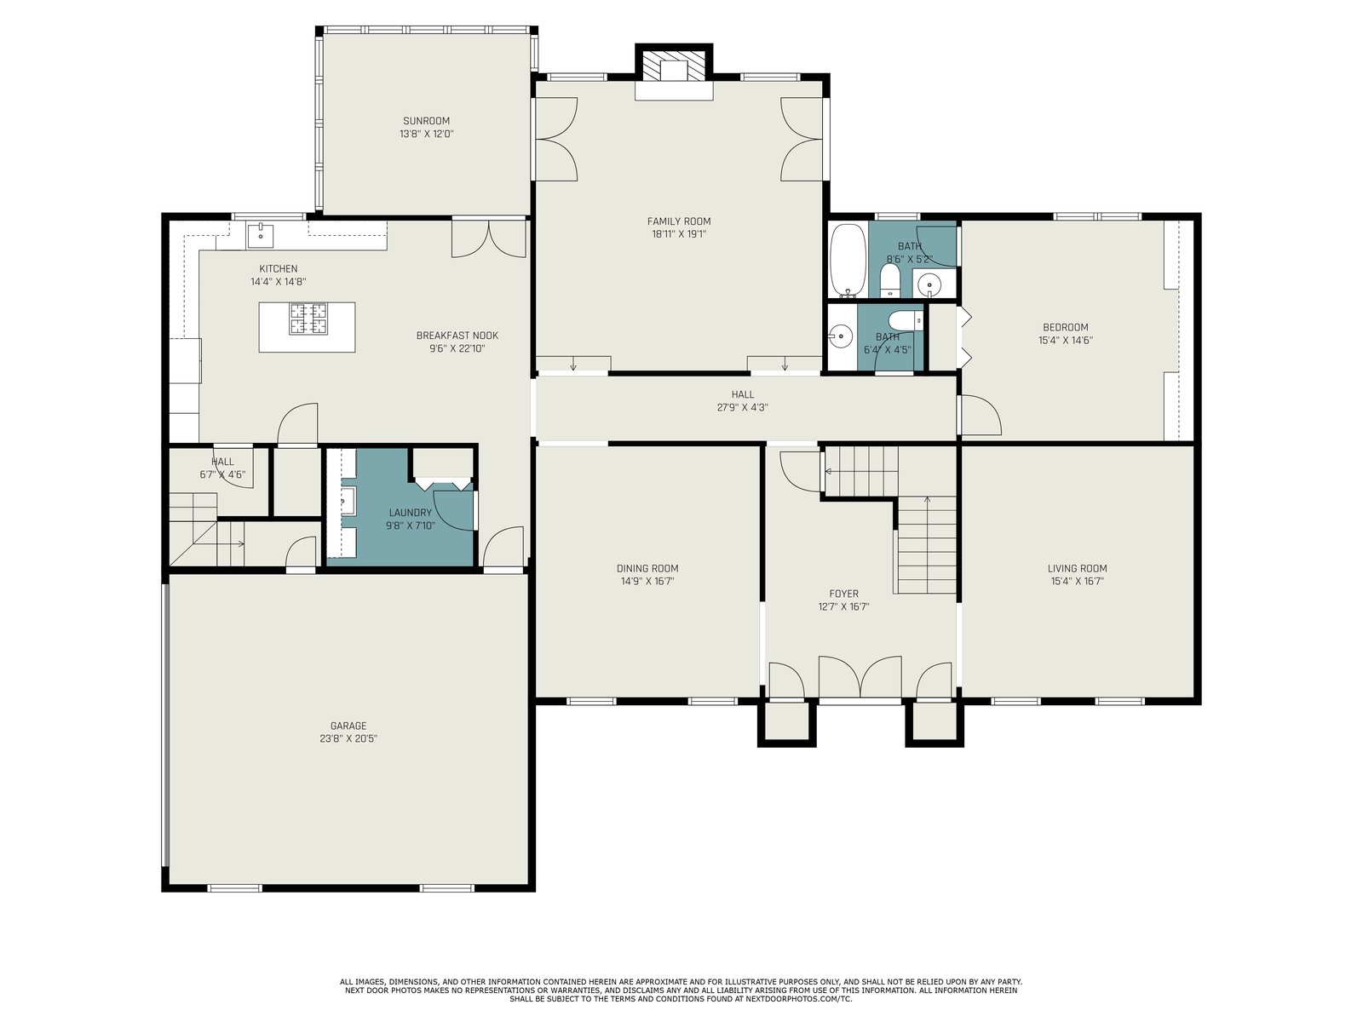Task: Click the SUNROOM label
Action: (426, 121)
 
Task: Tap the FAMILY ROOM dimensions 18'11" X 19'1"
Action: (679, 234)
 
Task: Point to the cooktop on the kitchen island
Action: (308, 319)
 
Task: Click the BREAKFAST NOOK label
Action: (457, 336)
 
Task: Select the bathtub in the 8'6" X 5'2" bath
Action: (848, 261)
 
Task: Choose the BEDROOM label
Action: (1066, 328)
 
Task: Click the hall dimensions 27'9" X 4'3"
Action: (743, 408)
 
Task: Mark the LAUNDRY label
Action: (410, 513)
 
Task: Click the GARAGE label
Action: (348, 726)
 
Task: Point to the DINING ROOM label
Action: (647, 568)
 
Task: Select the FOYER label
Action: (843, 594)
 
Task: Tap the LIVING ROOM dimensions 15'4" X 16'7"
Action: (1077, 582)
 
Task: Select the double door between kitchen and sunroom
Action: (489, 238)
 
